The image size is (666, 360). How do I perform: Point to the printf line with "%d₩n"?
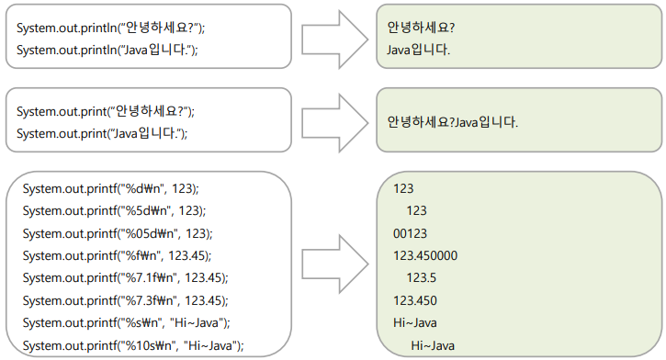(x=111, y=188)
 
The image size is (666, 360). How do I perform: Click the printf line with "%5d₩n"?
(x=114, y=210)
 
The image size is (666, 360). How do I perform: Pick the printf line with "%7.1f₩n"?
(x=126, y=276)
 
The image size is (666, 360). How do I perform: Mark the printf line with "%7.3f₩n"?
(x=126, y=298)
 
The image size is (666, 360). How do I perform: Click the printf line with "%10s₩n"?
(x=133, y=344)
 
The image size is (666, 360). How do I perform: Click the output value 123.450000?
(x=425, y=254)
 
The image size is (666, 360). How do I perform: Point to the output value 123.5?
(x=421, y=276)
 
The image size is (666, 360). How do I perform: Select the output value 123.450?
(x=415, y=299)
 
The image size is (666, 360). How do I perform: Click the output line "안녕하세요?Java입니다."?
(x=453, y=121)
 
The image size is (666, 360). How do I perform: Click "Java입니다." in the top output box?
(x=419, y=50)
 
